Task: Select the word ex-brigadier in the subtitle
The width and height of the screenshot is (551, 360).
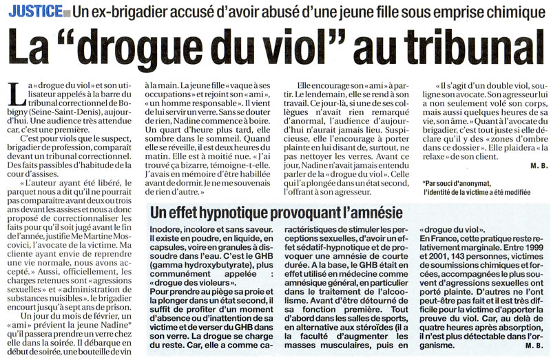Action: (127, 10)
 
